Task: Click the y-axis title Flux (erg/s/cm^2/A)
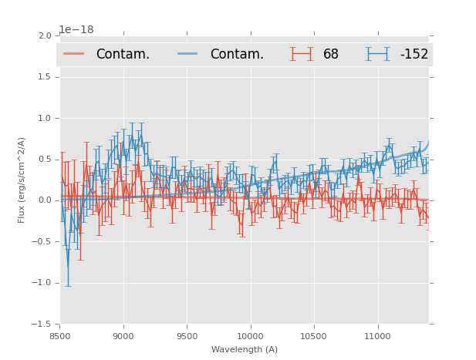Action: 22,180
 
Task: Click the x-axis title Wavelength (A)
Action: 245,349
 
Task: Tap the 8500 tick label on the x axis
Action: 60,336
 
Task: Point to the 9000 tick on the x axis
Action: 123,336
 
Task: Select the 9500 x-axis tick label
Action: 187,336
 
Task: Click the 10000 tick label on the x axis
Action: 250,336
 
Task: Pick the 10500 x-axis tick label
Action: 314,336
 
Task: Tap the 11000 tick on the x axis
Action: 377,336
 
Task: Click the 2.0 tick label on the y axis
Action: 44,35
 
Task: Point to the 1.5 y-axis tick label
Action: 44,77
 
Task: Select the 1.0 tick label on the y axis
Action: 44,118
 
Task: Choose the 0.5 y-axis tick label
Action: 44,160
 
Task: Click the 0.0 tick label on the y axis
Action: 44,200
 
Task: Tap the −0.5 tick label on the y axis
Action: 42,242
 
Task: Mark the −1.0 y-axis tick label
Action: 42,283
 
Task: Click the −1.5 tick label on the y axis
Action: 42,325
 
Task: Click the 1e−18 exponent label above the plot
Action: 76,30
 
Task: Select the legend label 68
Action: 331,54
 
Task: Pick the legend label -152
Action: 414,54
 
